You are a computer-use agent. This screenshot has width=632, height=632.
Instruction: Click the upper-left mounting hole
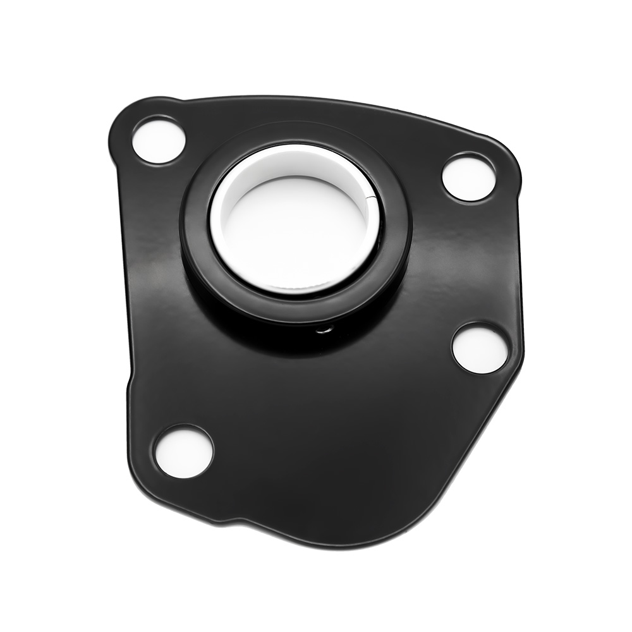click(158, 140)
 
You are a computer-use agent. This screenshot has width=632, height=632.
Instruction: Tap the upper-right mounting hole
click(468, 177)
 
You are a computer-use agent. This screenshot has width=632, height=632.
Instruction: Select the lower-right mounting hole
click(480, 348)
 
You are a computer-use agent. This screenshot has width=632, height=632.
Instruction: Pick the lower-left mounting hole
click(184, 451)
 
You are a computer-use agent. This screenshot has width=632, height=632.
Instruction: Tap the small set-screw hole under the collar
click(324, 329)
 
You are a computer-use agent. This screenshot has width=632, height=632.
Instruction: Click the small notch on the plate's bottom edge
click(234, 521)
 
